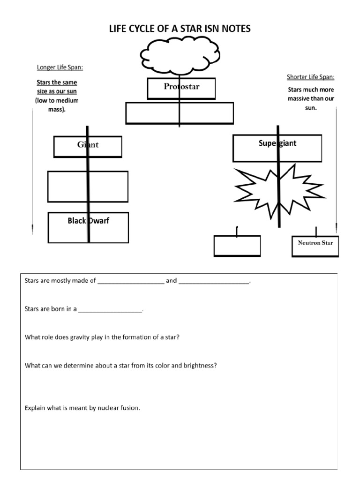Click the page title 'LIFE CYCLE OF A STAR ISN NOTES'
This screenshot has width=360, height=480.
(x=180, y=29)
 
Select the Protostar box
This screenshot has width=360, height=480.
(x=181, y=88)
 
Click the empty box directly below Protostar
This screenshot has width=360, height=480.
(x=180, y=113)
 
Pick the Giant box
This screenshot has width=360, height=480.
(x=88, y=146)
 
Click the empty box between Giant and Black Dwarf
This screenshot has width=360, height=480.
(x=88, y=186)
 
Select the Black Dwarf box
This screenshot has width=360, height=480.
(x=88, y=227)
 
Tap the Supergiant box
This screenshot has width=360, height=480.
(x=277, y=148)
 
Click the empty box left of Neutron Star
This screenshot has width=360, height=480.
(x=237, y=246)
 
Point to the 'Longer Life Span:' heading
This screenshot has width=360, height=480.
(x=60, y=67)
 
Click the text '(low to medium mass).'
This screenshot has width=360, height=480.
(x=57, y=105)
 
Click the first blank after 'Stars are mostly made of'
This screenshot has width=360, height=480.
(x=131, y=281)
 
